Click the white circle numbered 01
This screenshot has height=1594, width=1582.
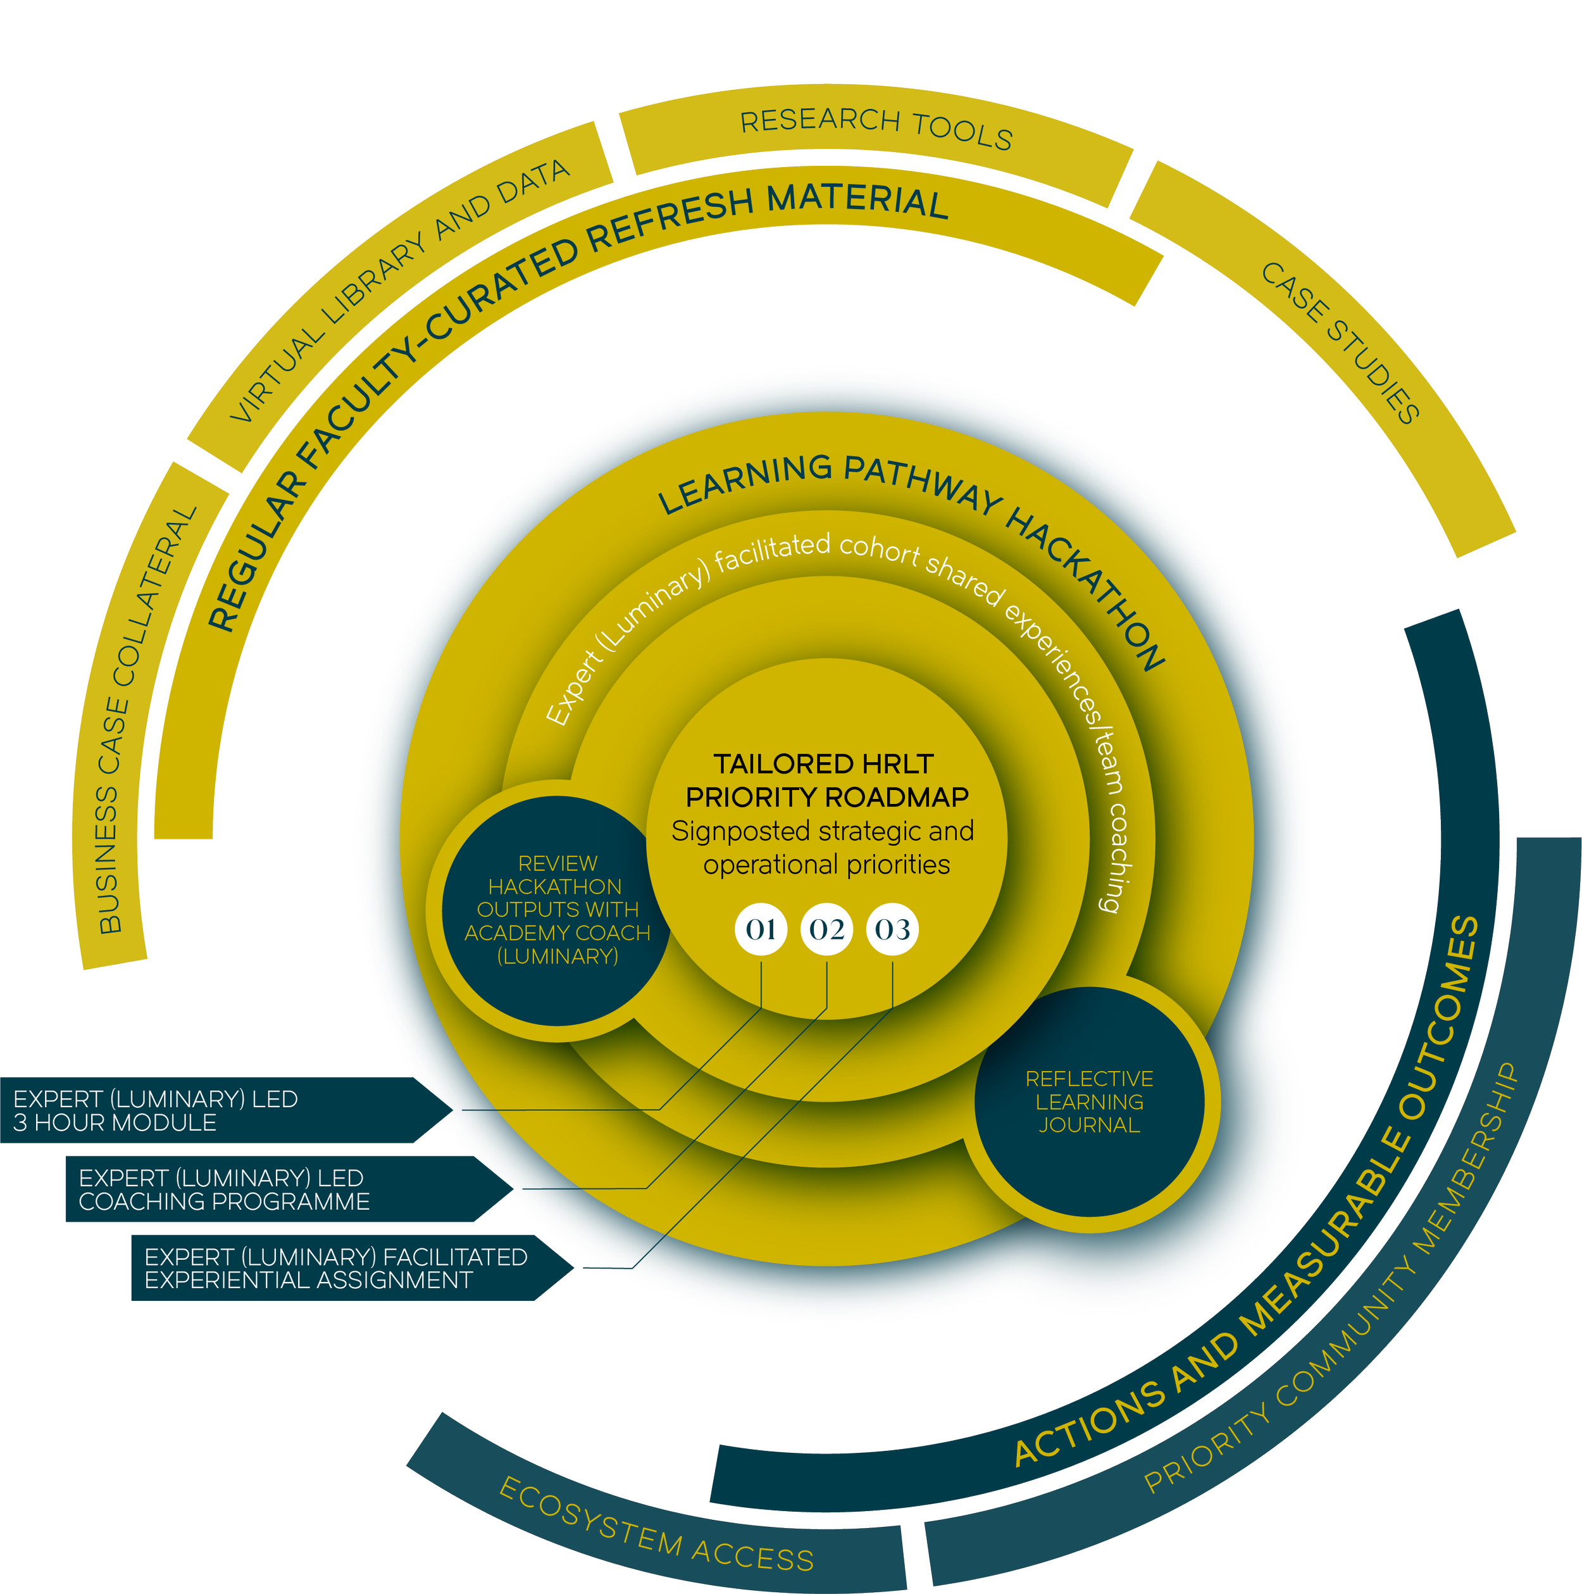[x=761, y=930]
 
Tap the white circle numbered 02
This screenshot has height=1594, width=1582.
[x=826, y=930]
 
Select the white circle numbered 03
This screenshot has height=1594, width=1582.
[x=892, y=930]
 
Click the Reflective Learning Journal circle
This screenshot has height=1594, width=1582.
[x=1089, y=1101]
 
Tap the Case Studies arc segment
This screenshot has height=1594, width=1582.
[x=1340, y=342]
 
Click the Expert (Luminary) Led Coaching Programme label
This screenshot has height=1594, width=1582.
[x=223, y=1189]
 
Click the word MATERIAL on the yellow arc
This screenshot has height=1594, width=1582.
[x=858, y=201]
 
